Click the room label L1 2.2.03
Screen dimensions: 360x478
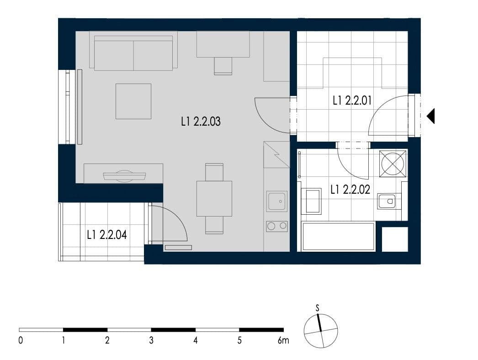pos(201,122)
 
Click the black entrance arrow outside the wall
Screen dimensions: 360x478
pos(430,116)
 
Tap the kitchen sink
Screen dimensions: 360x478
pos(277,201)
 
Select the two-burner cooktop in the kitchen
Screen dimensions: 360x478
pos(277,226)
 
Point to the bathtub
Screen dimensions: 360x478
pos(338,236)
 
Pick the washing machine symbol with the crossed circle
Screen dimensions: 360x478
pos(393,163)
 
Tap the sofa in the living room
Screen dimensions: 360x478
pos(133,51)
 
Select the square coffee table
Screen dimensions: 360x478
pos(133,101)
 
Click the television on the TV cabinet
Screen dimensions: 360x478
pos(124,175)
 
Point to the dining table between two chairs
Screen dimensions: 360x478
pos(214,199)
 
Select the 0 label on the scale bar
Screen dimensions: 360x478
pos(21,340)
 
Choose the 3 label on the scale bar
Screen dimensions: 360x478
pos(151,340)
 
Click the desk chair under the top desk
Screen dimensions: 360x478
pos(223,65)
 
